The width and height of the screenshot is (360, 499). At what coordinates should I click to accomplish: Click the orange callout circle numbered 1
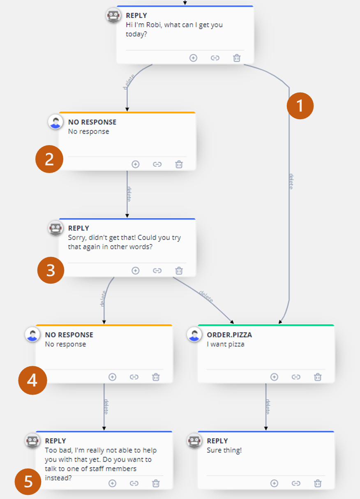(300, 106)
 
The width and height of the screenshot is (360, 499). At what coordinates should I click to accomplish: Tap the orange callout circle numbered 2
(49, 159)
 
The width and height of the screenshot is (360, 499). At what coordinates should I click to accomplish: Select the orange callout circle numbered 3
(51, 270)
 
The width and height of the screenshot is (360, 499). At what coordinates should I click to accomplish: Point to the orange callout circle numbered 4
(32, 380)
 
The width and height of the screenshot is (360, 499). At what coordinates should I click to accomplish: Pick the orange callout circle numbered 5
(28, 482)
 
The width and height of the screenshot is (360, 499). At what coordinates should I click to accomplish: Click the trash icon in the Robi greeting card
(237, 58)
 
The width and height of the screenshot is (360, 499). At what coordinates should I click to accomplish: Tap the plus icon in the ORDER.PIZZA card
(274, 377)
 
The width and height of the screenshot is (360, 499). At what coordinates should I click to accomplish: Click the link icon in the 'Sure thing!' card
(296, 483)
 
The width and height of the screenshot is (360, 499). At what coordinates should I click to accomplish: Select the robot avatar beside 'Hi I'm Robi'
(113, 15)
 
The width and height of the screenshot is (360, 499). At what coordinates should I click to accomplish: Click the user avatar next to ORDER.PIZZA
(194, 335)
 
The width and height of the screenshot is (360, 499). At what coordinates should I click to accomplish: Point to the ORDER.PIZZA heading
(229, 335)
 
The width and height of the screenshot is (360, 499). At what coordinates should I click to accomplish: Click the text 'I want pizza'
(226, 344)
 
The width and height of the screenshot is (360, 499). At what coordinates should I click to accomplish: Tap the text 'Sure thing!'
(224, 450)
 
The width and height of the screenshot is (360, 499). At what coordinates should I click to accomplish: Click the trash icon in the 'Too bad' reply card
(156, 483)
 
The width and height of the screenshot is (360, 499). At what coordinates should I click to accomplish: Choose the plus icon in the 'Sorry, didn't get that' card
(136, 270)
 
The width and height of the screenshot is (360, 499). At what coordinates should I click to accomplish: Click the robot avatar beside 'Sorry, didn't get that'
(55, 228)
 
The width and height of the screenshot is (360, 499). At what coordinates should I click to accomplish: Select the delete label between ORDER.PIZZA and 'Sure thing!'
(268, 407)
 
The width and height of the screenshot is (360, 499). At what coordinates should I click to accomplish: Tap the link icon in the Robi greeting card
(215, 58)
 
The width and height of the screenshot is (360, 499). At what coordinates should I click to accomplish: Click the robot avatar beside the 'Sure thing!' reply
(194, 441)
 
